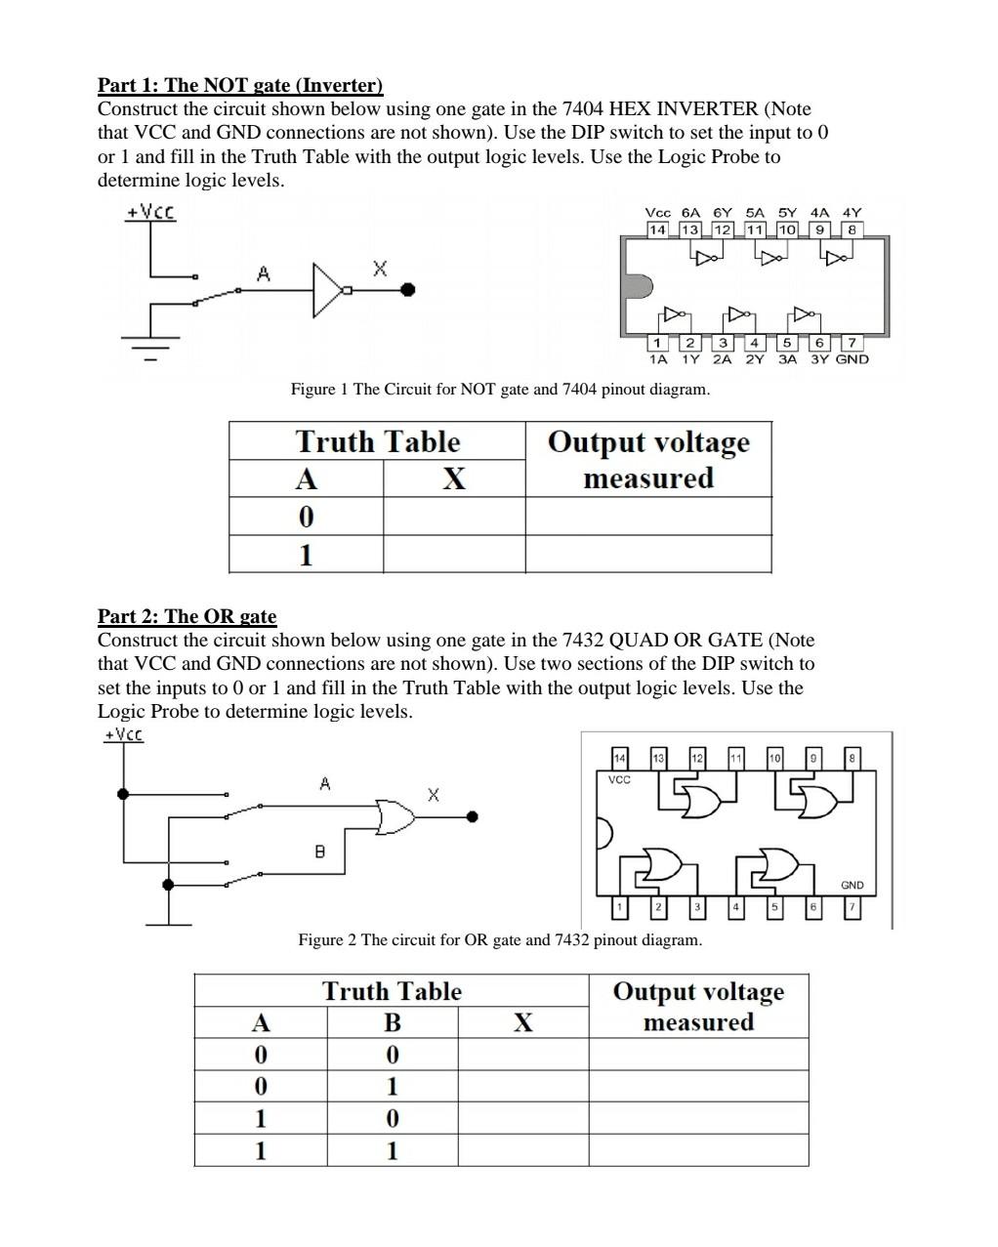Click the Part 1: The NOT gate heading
point(240,85)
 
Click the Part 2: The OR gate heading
point(187,616)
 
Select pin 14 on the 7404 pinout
point(657,229)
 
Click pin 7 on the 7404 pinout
point(852,343)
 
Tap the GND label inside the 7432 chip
point(852,885)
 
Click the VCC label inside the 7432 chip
point(619,780)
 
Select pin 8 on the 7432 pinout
point(852,758)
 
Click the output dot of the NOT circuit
point(408,289)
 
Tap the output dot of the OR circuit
point(473,816)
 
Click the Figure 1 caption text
point(500,390)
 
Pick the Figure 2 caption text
point(500,940)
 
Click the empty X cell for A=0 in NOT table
point(453,516)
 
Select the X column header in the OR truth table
point(522,1022)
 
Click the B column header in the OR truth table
point(392,1022)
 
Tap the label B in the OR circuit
point(319,852)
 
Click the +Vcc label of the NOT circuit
point(150,212)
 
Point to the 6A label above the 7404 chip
point(690,212)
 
